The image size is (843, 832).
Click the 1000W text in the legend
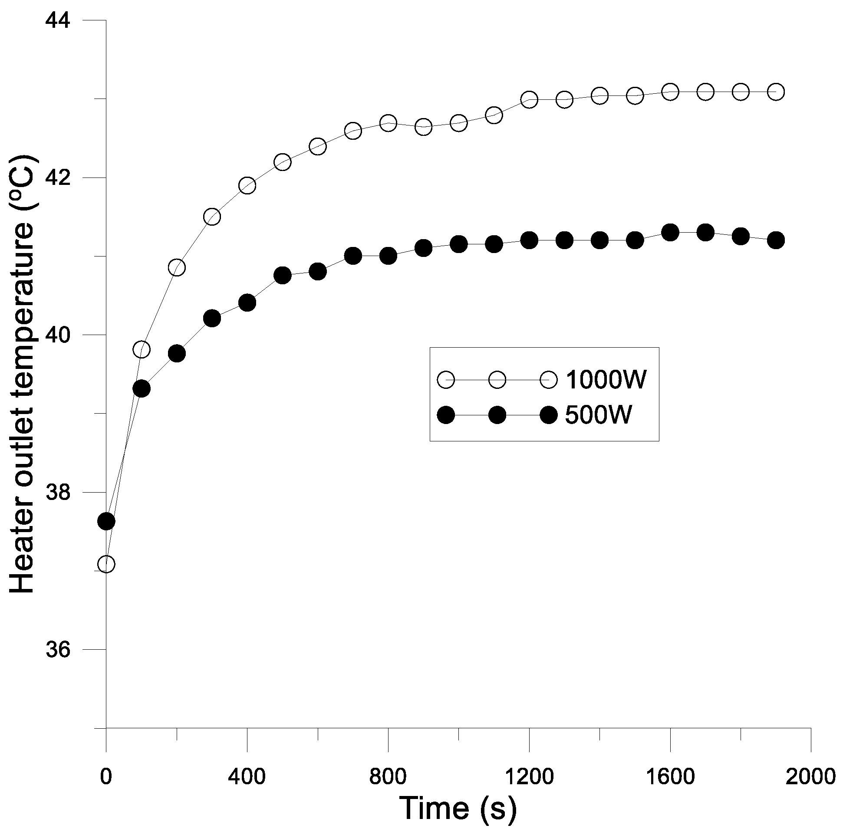[606, 380]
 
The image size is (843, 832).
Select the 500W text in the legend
[598, 415]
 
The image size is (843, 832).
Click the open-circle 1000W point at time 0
[106, 564]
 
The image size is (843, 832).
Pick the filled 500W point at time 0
[106, 521]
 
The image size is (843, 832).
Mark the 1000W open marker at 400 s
[247, 186]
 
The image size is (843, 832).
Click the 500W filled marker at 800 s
[389, 256]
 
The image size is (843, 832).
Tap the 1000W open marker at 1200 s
[529, 100]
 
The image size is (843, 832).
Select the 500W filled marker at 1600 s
[670, 233]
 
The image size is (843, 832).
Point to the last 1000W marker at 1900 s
[776, 92]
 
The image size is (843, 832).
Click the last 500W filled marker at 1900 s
[776, 240]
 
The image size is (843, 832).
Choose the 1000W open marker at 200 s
[177, 267]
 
